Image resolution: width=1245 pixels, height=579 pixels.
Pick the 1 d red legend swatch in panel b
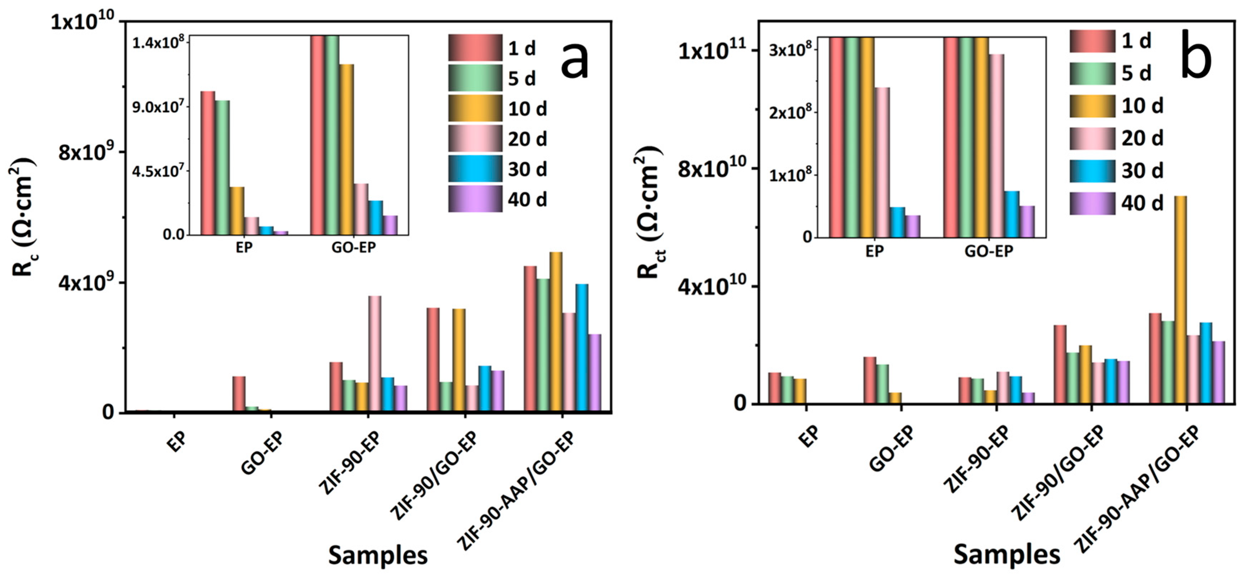pos(1092,41)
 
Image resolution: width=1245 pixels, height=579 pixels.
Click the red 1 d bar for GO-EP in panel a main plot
pos(239,394)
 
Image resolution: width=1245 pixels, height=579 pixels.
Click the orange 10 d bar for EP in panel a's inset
pos(237,211)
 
